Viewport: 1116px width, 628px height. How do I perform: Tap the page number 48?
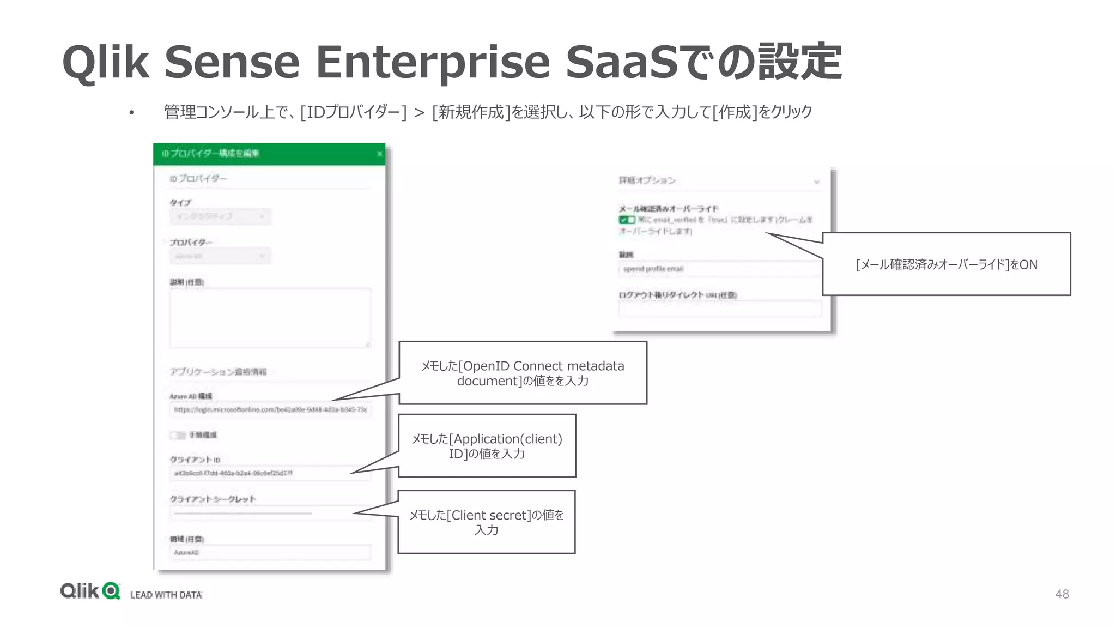point(1062,594)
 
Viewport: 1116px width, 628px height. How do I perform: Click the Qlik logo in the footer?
point(90,591)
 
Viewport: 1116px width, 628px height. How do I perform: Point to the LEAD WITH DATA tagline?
point(166,595)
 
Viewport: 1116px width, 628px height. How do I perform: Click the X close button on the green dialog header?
point(380,154)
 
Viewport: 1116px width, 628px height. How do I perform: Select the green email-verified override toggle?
point(627,220)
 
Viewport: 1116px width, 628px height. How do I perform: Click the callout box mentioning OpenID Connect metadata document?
point(523,373)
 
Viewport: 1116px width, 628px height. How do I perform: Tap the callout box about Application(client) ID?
point(487,446)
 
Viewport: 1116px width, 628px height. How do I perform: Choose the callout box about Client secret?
point(487,522)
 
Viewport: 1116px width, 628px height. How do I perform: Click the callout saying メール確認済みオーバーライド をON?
point(946,264)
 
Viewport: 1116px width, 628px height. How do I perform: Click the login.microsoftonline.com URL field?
point(270,409)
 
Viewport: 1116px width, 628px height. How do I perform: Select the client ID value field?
point(270,473)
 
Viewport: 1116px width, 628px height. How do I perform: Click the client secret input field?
point(270,513)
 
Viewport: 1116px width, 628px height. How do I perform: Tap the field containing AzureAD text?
point(270,552)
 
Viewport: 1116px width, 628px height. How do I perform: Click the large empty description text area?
point(270,318)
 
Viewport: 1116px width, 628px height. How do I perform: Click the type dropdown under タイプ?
point(220,216)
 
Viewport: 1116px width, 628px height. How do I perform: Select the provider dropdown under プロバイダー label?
point(220,256)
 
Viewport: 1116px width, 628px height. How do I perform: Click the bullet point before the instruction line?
point(131,113)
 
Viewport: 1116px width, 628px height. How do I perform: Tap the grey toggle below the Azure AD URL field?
point(178,435)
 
